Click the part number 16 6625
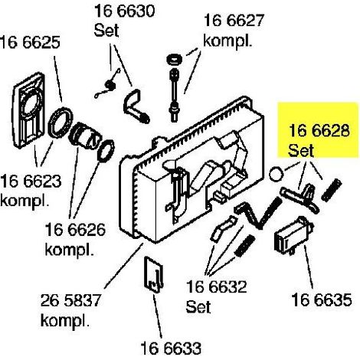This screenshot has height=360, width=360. click(x=30, y=42)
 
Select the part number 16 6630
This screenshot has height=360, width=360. click(x=125, y=11)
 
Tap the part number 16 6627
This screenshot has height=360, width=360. click(x=234, y=20)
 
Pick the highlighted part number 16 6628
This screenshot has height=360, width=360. click(x=319, y=131)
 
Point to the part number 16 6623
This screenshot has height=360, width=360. click(x=31, y=181)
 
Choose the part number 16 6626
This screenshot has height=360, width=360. click(x=75, y=229)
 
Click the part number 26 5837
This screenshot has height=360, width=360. click(x=70, y=300)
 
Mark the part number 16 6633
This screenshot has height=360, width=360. click(x=171, y=348)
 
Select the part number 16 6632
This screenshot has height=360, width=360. click(x=217, y=286)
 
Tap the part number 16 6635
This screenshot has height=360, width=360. click(x=322, y=299)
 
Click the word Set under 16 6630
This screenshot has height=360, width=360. click(x=106, y=31)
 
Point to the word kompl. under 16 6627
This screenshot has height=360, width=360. click(x=227, y=41)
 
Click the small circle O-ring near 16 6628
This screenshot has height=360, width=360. click(x=276, y=174)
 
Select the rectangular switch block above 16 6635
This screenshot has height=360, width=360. click(x=293, y=236)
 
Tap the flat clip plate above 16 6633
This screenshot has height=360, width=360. click(x=153, y=274)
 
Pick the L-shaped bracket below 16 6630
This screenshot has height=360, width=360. click(x=136, y=106)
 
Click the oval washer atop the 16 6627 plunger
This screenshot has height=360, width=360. click(x=174, y=60)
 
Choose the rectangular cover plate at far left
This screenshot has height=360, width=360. click(x=29, y=110)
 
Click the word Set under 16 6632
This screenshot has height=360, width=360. click(x=198, y=306)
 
